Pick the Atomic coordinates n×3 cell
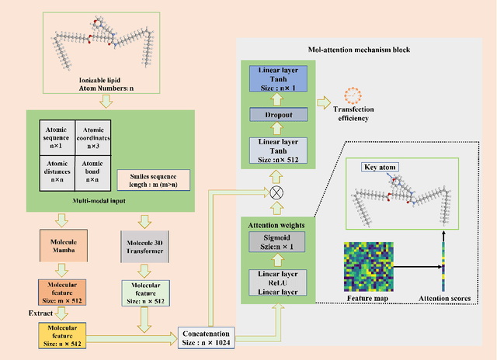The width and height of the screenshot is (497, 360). click(93, 134)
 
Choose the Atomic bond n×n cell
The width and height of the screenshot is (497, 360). click(93, 171)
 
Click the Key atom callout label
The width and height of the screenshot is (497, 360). click(380, 167)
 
